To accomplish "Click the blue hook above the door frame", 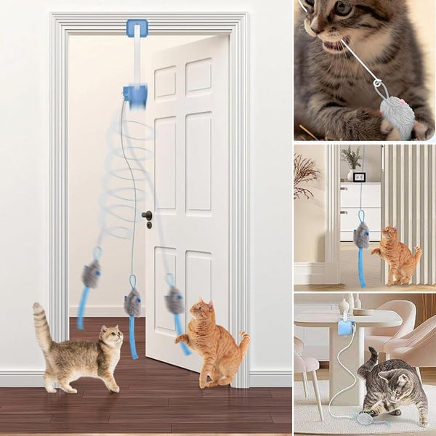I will tap(137, 28).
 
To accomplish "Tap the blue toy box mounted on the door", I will tap(135, 94).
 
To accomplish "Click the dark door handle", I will tap(148, 216).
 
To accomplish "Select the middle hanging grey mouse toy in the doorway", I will tap(132, 302).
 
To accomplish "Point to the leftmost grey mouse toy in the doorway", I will tap(91, 274).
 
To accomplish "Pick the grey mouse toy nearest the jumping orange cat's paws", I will tap(174, 299).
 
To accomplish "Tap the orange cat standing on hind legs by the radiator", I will tap(396, 254).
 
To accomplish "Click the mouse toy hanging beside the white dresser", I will tap(361, 235).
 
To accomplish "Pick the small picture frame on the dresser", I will tap(359, 177).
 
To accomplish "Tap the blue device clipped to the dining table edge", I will tap(345, 328).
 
